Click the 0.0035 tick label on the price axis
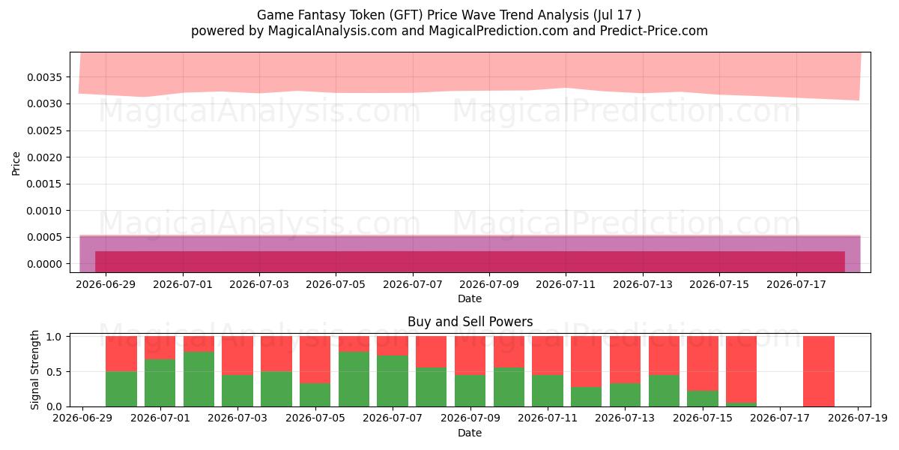pos(44,77)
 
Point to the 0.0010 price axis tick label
pos(44,211)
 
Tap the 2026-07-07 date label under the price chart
pos(413,284)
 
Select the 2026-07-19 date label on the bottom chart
pos(858,418)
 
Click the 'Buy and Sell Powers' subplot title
pos(470,322)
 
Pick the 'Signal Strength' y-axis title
pos(35,370)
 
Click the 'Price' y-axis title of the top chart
pos(16,163)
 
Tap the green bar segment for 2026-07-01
pos(160,383)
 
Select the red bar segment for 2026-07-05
pos(315,359)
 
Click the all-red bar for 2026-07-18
pos(819,371)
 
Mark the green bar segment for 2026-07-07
pos(393,381)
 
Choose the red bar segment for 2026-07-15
pos(703,363)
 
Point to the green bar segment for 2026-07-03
pos(237,391)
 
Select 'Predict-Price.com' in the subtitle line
pos(654,31)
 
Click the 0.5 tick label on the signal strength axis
pos(54,372)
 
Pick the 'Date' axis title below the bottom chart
pos(470,433)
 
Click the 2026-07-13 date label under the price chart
pos(643,284)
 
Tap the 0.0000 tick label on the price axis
pos(44,264)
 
